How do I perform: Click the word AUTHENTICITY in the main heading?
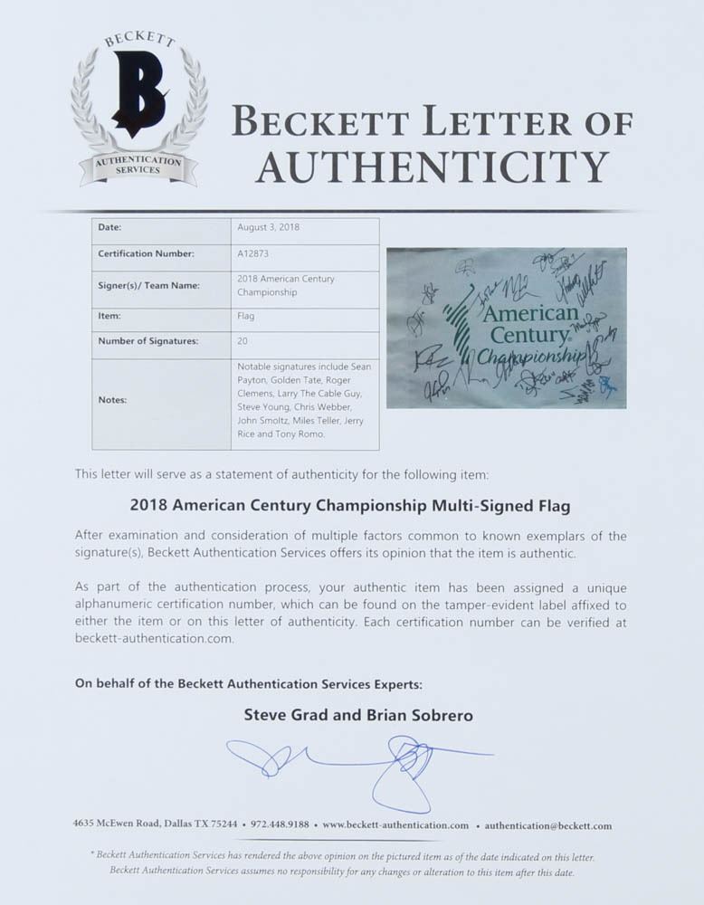pyautogui.click(x=431, y=167)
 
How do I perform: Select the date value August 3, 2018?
pyautogui.click(x=268, y=227)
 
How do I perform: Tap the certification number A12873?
pyautogui.click(x=252, y=254)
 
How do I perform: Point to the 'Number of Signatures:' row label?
pyautogui.click(x=148, y=341)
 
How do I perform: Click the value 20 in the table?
pyautogui.click(x=243, y=341)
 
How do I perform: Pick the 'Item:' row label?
pyautogui.click(x=109, y=316)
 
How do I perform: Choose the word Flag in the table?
pyautogui.click(x=245, y=316)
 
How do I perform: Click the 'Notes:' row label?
pyautogui.click(x=113, y=399)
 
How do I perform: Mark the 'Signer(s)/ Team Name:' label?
pyautogui.click(x=148, y=285)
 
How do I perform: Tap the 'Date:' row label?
pyautogui.click(x=109, y=227)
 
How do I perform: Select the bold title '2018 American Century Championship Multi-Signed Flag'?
pyautogui.click(x=351, y=505)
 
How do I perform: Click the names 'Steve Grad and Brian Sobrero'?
pyautogui.click(x=358, y=715)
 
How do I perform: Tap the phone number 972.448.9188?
pyautogui.click(x=278, y=825)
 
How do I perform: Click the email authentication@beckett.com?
pyautogui.click(x=547, y=825)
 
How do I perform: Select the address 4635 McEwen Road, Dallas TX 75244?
pyautogui.click(x=156, y=825)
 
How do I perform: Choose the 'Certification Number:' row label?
pyautogui.click(x=146, y=254)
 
